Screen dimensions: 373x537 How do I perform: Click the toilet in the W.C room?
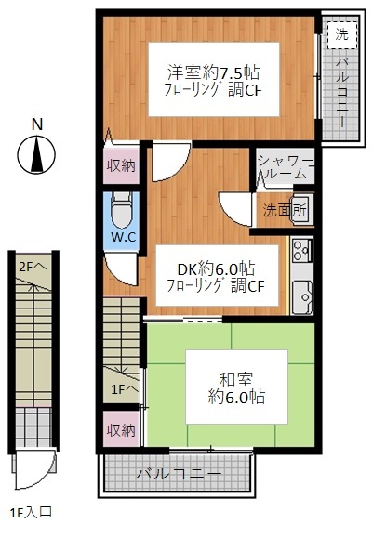pyautogui.click(x=122, y=210)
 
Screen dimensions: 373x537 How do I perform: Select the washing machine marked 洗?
pyautogui.click(x=341, y=34)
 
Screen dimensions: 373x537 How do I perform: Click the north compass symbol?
pyautogui.click(x=36, y=154)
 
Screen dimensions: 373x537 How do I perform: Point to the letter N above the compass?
pyautogui.click(x=37, y=124)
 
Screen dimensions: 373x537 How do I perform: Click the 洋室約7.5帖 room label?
pyautogui.click(x=213, y=72)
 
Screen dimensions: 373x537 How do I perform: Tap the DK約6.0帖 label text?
pyautogui.click(x=216, y=268)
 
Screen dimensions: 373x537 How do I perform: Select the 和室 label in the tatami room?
pyautogui.click(x=236, y=379)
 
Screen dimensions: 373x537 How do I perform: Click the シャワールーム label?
pyautogui.click(x=286, y=167)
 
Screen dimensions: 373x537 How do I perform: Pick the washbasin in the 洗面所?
pyautogui.click(x=302, y=210)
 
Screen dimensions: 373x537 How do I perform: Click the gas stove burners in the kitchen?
pyautogui.click(x=301, y=250)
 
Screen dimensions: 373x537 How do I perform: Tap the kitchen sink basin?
pyautogui.click(x=302, y=297)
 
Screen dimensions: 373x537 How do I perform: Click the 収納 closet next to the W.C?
pyautogui.click(x=121, y=165)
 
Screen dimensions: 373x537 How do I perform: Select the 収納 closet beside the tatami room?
pyautogui.click(x=121, y=429)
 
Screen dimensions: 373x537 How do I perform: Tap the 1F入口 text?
pyautogui.click(x=32, y=513)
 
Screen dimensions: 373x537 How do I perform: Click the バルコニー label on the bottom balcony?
pyautogui.click(x=180, y=475)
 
